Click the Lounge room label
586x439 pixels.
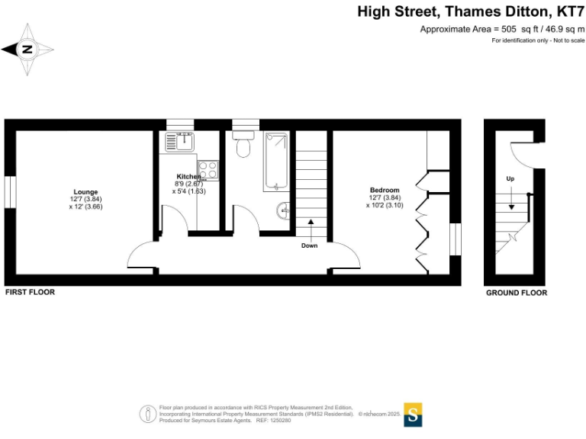click(85, 191)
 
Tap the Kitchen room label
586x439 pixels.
click(188, 177)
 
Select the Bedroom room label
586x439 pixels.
click(384, 190)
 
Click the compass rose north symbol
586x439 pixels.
click(27, 50)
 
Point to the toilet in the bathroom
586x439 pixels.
click(244, 144)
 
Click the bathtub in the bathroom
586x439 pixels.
click(275, 162)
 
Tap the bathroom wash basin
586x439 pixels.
click(284, 210)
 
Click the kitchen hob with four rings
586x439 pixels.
click(208, 170)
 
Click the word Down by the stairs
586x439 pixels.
click(309, 245)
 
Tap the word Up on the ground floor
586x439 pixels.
click(510, 178)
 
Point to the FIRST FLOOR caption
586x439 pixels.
click(30, 293)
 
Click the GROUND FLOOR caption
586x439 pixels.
click(517, 293)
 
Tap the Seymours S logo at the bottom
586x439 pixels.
click(413, 414)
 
